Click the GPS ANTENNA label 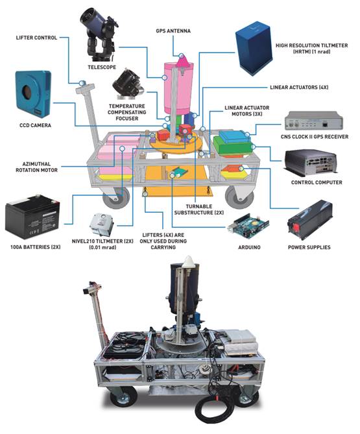(173, 30)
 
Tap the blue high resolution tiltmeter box (254, 48)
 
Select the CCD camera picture (34, 95)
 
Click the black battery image (32, 217)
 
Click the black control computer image (311, 163)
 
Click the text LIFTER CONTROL (36, 38)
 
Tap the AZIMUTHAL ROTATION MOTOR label (36, 167)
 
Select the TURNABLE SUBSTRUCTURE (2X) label (199, 210)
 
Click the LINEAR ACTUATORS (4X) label (299, 87)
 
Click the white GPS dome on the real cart (189, 261)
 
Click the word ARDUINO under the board (249, 247)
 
